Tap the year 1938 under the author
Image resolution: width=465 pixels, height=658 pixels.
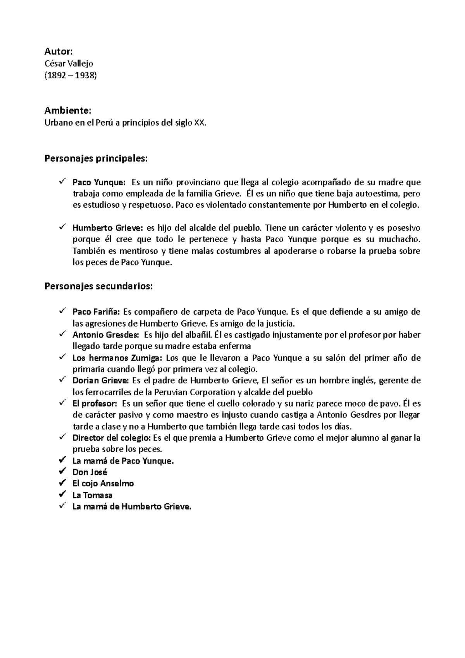pos(85,75)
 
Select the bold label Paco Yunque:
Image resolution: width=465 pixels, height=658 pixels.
pos(99,182)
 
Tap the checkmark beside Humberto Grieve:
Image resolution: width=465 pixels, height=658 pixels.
pos(62,227)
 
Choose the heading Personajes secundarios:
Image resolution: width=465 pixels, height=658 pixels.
pos(99,286)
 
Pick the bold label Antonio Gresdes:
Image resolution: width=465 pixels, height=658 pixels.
pos(105,334)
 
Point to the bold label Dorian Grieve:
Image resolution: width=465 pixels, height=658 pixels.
pos(101,381)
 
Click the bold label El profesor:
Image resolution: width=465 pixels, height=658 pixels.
pos(95,403)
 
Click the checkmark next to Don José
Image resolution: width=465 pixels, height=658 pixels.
pos(62,472)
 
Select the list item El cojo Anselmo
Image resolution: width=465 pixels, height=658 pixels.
pos(103,484)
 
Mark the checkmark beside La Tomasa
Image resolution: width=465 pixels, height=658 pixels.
pos(62,495)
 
